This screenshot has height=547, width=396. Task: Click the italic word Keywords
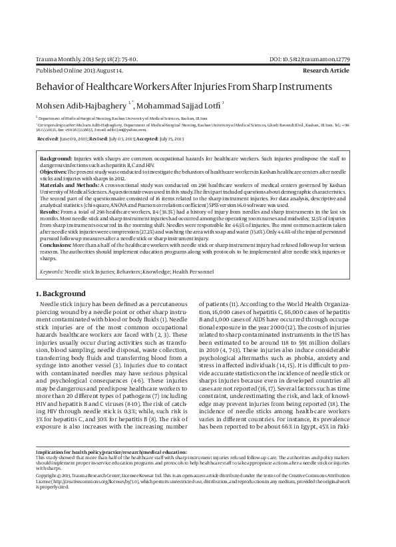pyautogui.click(x=51, y=272)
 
